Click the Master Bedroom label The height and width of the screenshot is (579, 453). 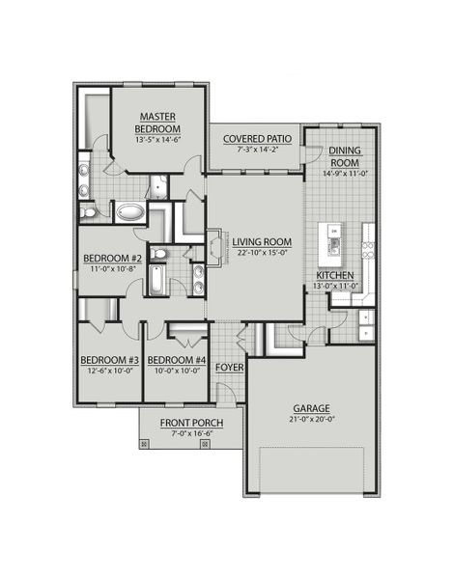tap(156, 123)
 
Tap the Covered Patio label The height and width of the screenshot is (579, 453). tap(257, 139)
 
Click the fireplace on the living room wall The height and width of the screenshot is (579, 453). tap(212, 242)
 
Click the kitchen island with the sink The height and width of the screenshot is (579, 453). tap(334, 245)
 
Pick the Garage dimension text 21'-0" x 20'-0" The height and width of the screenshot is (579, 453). tap(310, 418)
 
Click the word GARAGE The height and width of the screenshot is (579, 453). tap(310, 407)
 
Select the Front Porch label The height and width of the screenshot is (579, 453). tap(193, 424)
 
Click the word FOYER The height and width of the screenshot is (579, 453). tap(228, 368)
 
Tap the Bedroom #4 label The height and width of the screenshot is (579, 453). tap(177, 361)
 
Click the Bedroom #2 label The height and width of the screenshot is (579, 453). tap(112, 259)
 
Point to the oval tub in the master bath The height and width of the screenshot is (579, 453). tap(129, 211)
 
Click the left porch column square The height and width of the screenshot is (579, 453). tap(145, 445)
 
